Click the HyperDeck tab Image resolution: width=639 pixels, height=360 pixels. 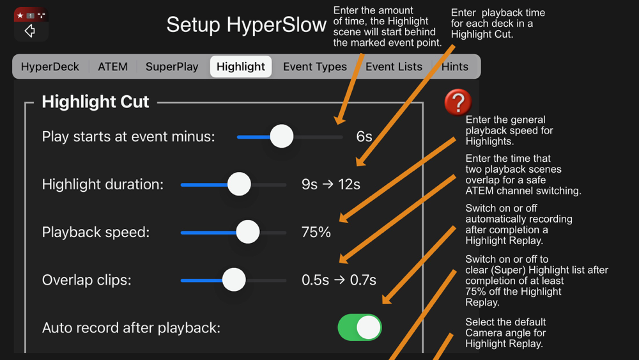pyautogui.click(x=50, y=67)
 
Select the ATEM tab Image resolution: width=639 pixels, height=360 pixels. pyautogui.click(x=112, y=67)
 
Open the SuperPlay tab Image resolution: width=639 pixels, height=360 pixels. pyautogui.click(x=172, y=67)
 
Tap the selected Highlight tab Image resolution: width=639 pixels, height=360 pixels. pyautogui.click(x=241, y=67)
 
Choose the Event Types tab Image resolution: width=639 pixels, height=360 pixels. pyautogui.click(x=315, y=67)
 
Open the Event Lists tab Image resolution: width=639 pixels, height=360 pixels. pyautogui.click(x=394, y=67)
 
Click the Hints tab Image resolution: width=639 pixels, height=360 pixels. pyautogui.click(x=455, y=67)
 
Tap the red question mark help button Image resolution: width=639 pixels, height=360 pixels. pyautogui.click(x=458, y=102)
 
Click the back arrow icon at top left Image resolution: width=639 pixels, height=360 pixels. pyautogui.click(x=30, y=31)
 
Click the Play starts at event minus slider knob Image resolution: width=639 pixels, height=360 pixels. pyautogui.click(x=282, y=136)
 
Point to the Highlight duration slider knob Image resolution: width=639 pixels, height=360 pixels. pyautogui.click(x=239, y=184)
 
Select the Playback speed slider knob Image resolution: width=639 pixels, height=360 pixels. pyautogui.click(x=248, y=232)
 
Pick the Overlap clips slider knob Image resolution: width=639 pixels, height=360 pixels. pyautogui.click(x=234, y=279)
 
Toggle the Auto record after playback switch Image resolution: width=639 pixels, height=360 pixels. pyautogui.click(x=359, y=327)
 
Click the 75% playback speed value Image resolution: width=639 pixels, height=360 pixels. pyautogui.click(x=316, y=232)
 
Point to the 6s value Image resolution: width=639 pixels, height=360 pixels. pyautogui.click(x=364, y=137)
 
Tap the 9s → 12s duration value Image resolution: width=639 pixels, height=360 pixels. pyautogui.click(x=331, y=184)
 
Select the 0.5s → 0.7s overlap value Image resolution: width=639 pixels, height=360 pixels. pyautogui.click(x=339, y=280)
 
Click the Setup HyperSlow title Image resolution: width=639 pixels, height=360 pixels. pyautogui.click(x=246, y=25)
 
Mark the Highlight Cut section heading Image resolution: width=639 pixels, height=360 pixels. pyautogui.click(x=95, y=102)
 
